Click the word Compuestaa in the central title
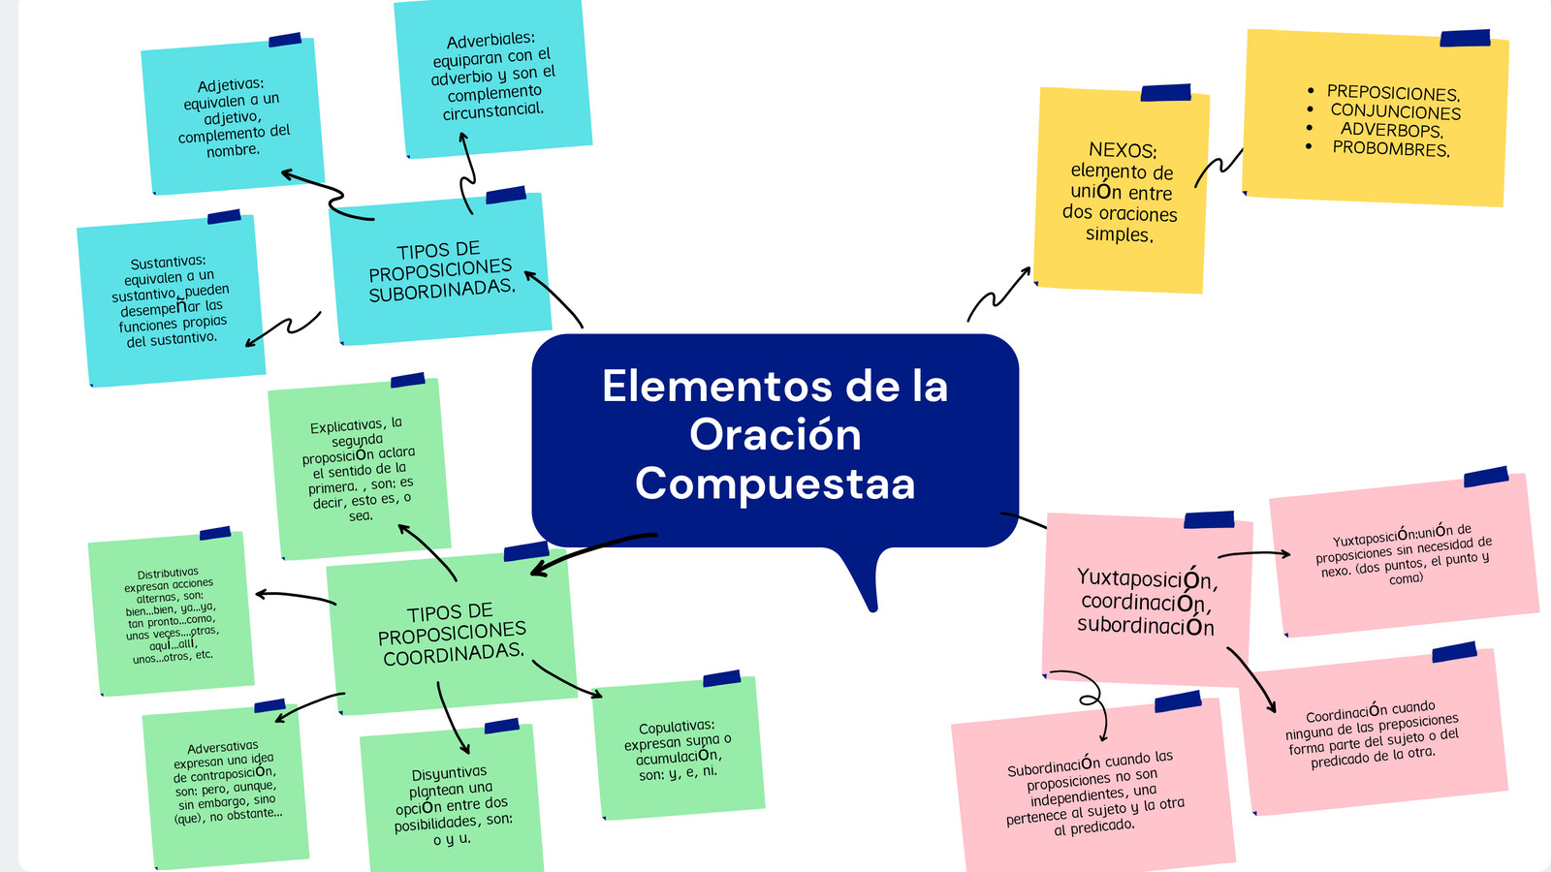tap(775, 483)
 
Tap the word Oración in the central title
tap(775, 435)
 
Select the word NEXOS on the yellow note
tap(1122, 150)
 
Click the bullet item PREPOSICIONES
tap(1393, 93)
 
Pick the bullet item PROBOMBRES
tap(1390, 149)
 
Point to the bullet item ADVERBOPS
tap(1391, 130)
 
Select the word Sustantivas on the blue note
tap(168, 263)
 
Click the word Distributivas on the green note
tap(167, 574)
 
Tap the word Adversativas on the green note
tap(222, 748)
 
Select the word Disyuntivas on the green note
tap(449, 773)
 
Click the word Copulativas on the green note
tap(676, 727)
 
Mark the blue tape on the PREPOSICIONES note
tap(1464, 39)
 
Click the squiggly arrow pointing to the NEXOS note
tap(998, 295)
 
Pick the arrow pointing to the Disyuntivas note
tap(452, 717)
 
